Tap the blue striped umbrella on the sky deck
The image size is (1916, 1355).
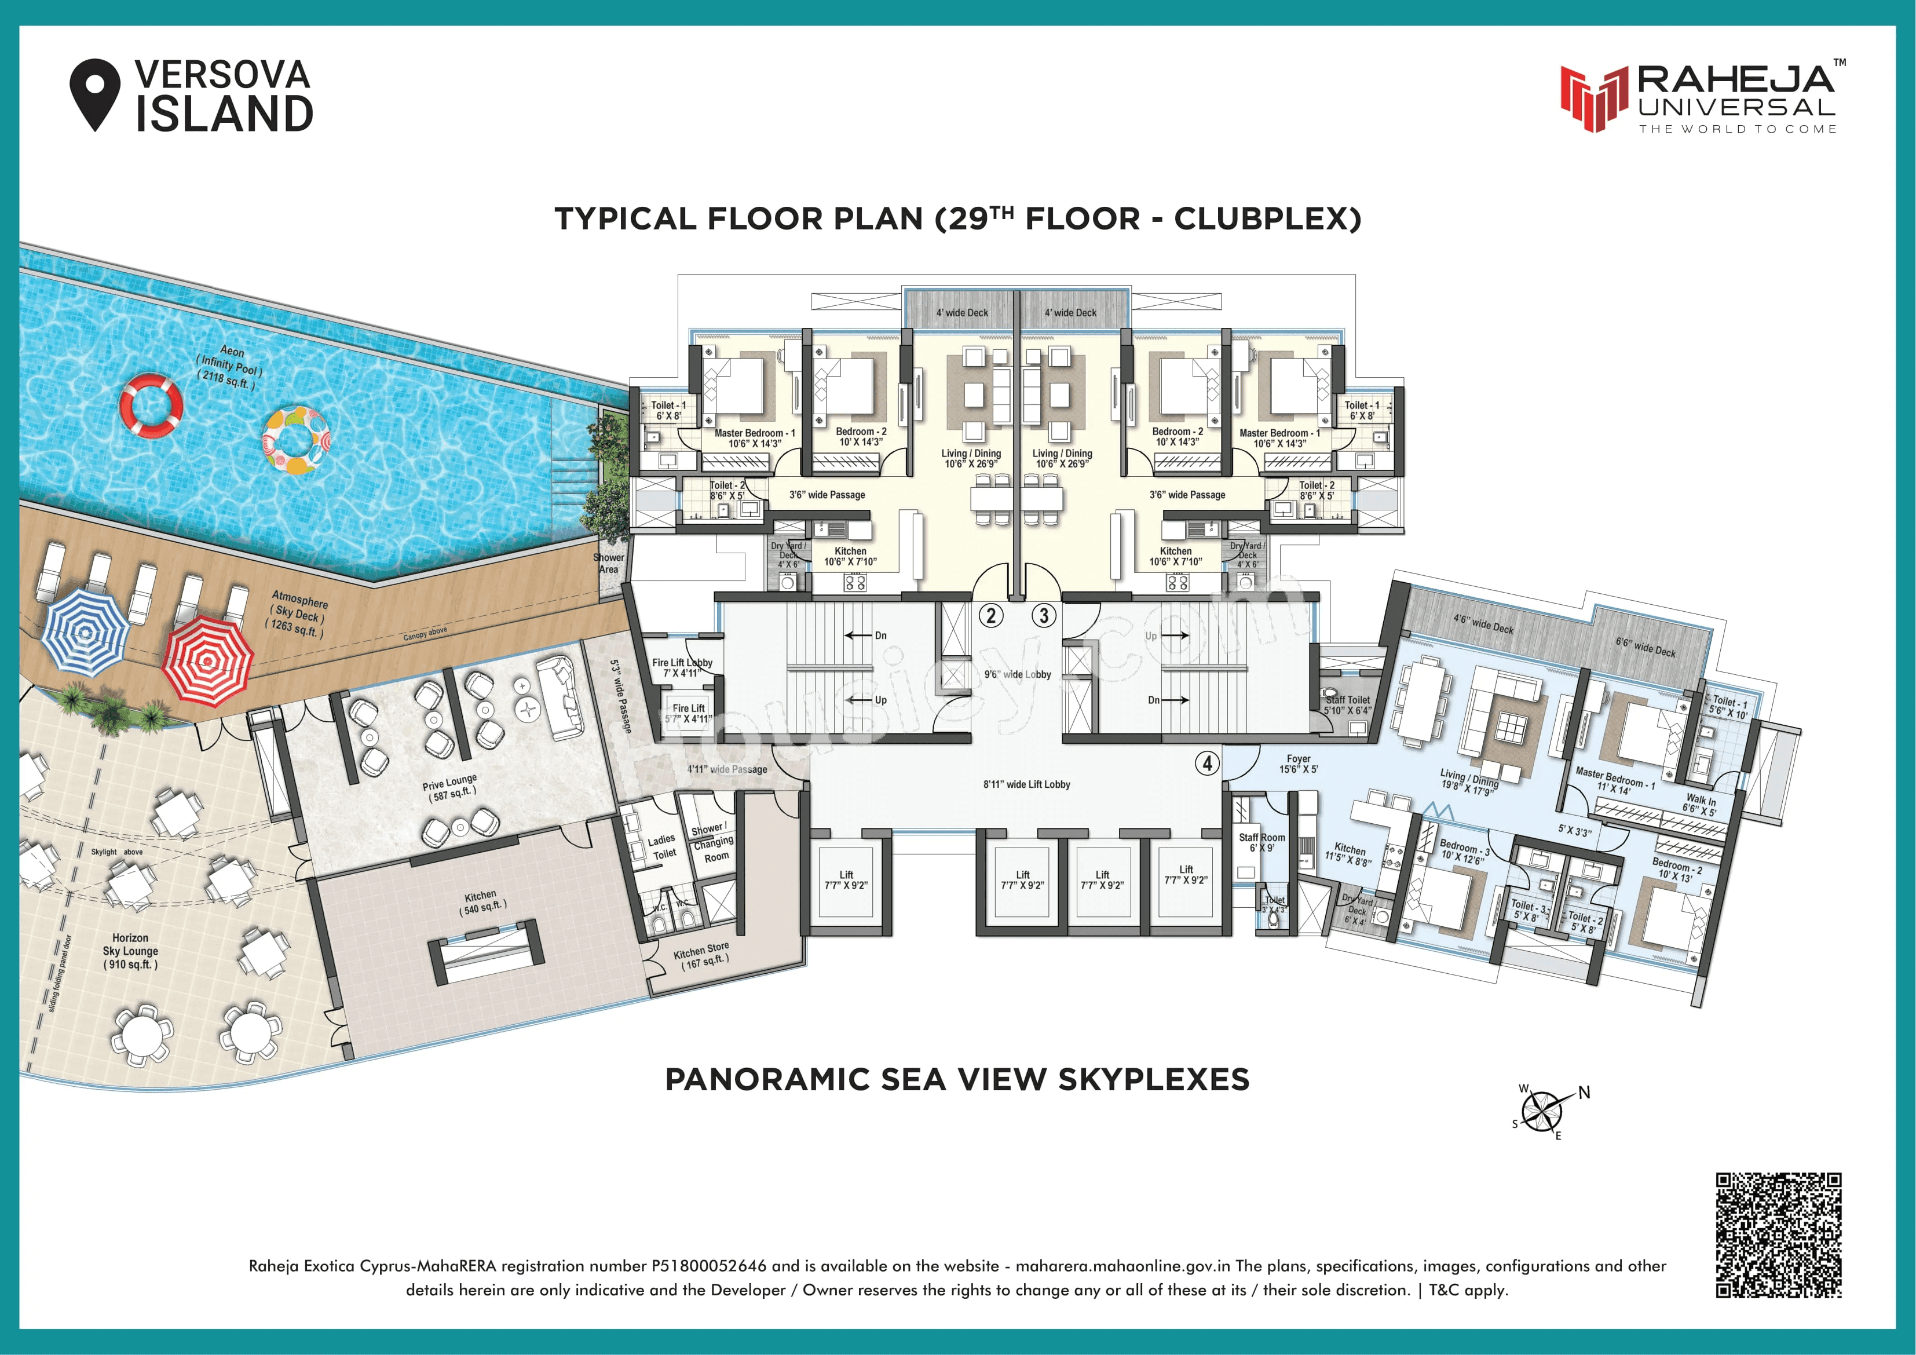[x=85, y=631]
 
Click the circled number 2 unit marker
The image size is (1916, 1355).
[x=990, y=616]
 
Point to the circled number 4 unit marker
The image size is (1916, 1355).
[x=1206, y=762]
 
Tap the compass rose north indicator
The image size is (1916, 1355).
[x=1583, y=1093]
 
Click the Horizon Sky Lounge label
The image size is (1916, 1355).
[x=130, y=951]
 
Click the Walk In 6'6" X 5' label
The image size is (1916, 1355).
[x=1700, y=805]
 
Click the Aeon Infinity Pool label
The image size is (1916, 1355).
[x=229, y=367]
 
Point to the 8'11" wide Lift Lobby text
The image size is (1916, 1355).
[x=1026, y=784]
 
